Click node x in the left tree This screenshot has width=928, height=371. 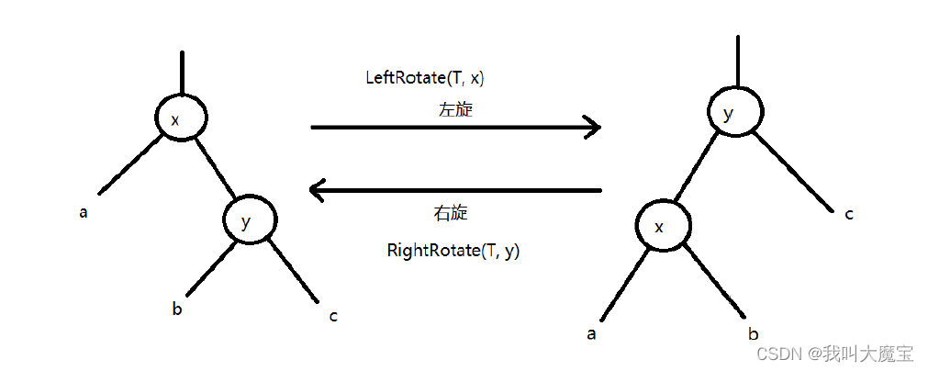pyautogui.click(x=181, y=118)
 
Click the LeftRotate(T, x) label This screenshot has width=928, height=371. pyautogui.click(x=424, y=78)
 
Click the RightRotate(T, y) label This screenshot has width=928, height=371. pyautogui.click(x=453, y=250)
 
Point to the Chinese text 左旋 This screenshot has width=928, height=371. pyautogui.click(x=455, y=109)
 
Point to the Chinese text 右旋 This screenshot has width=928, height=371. pyautogui.click(x=450, y=213)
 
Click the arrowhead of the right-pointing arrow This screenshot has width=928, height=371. pyautogui.click(x=592, y=127)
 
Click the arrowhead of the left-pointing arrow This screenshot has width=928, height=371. pyautogui.click(x=319, y=191)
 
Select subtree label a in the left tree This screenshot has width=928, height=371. pyautogui.click(x=84, y=213)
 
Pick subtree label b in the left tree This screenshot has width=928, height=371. pyautogui.click(x=177, y=309)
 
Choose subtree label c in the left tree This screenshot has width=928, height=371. pyautogui.click(x=333, y=317)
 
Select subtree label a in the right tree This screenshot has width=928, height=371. pyautogui.click(x=592, y=333)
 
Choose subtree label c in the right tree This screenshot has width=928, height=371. pyautogui.click(x=849, y=214)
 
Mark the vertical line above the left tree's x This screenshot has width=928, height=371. pyautogui.click(x=183, y=72)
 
